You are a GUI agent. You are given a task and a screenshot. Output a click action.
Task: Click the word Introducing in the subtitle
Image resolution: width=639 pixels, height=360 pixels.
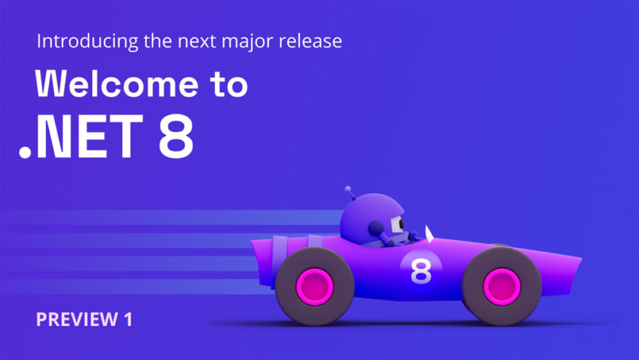coord(87,42)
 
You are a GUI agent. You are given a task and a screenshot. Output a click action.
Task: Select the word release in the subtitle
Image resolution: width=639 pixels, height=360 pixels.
coord(310,41)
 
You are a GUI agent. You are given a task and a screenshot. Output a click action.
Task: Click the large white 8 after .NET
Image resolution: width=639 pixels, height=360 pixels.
coord(176,136)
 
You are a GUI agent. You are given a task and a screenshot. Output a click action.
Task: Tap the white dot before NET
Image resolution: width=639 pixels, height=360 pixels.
coord(26,152)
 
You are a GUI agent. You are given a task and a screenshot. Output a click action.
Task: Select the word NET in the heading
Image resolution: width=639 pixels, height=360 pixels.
coord(89,136)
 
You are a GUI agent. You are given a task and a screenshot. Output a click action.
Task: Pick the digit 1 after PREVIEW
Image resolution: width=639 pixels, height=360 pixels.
coord(128,320)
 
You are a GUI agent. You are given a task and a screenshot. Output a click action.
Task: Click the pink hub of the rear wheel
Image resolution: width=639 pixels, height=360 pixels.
coord(315,287)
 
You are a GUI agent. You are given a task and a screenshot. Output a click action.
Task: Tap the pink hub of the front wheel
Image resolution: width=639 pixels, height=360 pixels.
coord(502,287)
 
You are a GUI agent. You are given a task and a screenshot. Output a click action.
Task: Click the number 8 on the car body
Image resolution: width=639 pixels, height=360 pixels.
coord(421,271)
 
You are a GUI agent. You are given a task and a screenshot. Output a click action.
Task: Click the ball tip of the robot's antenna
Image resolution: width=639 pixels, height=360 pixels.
coord(348,189)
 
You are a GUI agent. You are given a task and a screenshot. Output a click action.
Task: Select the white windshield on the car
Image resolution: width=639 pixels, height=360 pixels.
coord(429,234)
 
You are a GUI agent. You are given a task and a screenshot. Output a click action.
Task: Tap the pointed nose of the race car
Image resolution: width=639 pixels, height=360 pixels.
coord(580,258)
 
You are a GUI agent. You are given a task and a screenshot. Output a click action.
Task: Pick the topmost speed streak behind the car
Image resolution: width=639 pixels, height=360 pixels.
coord(173,217)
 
